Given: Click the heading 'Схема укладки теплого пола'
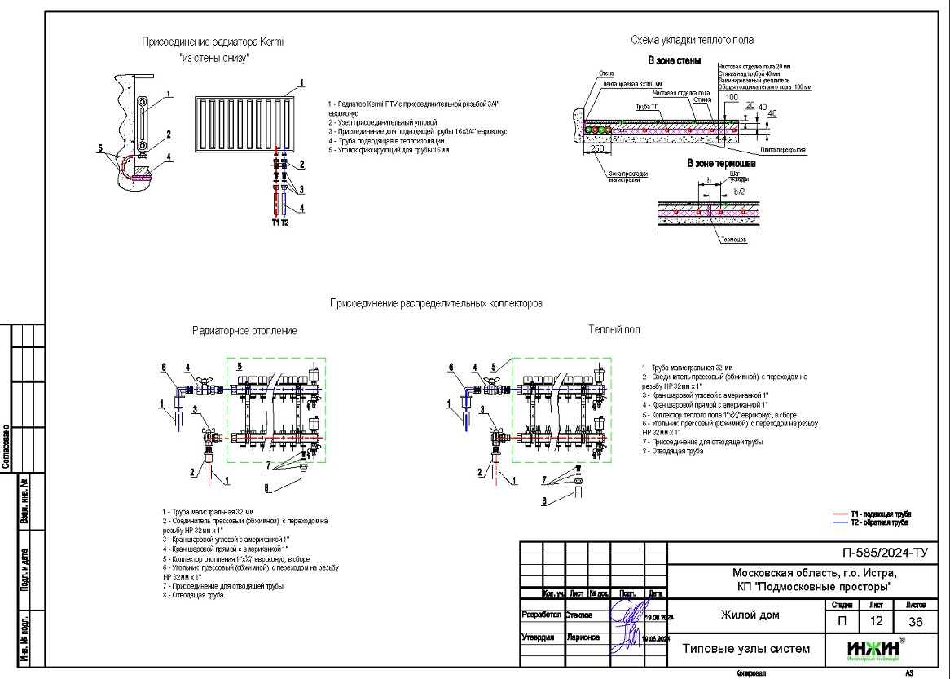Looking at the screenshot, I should [692, 40].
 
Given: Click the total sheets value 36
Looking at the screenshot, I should [916, 622].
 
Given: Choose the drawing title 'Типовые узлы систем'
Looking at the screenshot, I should [745, 649].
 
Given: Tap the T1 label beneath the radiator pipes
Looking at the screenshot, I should [275, 222].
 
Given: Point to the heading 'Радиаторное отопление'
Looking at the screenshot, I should [244, 331].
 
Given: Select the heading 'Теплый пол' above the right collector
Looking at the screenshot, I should [614, 329].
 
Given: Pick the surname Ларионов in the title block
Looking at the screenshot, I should [582, 637].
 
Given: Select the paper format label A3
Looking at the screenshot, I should [908, 673].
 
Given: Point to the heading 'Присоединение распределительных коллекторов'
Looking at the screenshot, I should [436, 303].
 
